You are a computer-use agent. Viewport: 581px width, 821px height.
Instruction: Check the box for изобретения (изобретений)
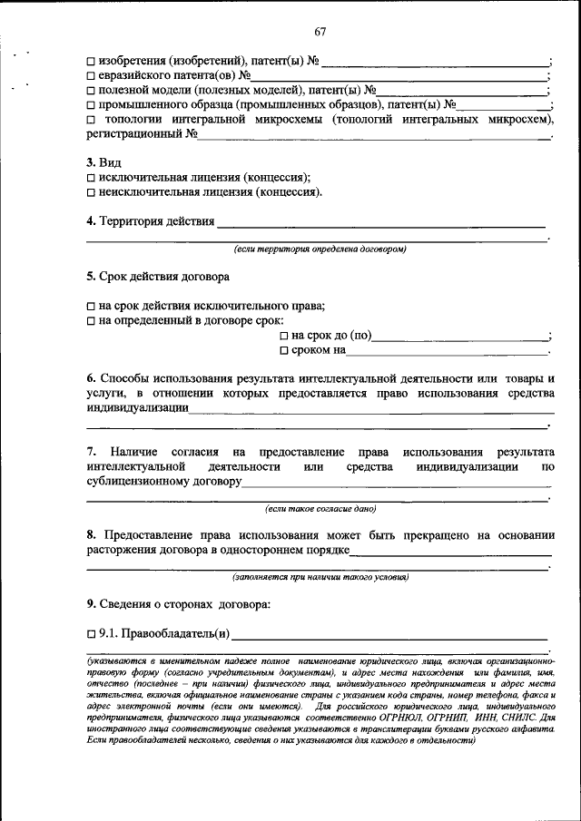click(x=92, y=62)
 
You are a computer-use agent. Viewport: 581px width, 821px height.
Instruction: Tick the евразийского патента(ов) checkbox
click(x=92, y=76)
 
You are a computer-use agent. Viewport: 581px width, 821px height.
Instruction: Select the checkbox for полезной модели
click(x=92, y=91)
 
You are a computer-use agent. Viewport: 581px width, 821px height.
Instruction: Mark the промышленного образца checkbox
click(x=92, y=105)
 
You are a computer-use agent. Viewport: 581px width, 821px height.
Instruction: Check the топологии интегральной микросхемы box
click(x=92, y=120)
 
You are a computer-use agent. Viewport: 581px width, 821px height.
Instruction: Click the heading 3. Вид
click(x=103, y=161)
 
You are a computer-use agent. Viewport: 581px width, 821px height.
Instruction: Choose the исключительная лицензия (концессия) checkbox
click(x=92, y=178)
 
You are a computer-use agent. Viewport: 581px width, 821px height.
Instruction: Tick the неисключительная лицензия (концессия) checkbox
click(x=92, y=192)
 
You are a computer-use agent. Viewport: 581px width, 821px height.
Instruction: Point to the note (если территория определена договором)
click(x=320, y=248)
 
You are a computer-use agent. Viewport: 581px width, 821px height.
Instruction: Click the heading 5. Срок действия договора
click(x=158, y=276)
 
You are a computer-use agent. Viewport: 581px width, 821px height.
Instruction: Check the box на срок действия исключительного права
click(x=92, y=306)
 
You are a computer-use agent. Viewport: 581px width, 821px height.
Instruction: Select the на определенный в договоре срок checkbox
click(x=92, y=320)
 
